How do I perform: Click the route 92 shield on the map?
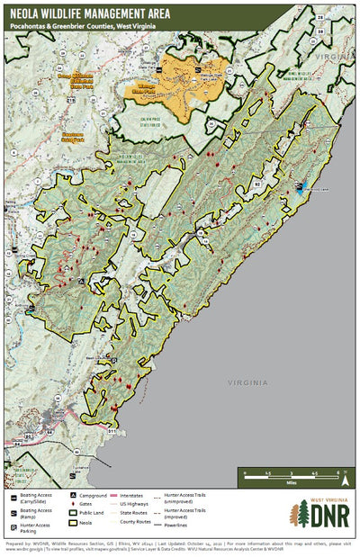[x=257, y=183]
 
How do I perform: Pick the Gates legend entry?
[x=88, y=504]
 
